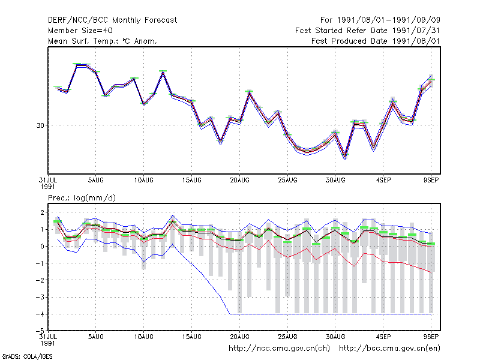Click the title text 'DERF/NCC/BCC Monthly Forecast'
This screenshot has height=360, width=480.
(112, 20)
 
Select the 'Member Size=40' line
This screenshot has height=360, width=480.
(80, 31)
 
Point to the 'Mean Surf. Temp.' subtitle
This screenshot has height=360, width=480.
(102, 41)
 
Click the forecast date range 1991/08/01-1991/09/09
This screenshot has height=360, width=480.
(380, 20)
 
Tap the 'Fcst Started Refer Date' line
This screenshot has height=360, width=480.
(367, 31)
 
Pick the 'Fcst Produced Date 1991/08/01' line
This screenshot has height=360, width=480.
(376, 41)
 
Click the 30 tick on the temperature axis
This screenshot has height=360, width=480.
(40, 125)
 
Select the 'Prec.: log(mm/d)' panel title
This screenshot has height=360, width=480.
(82, 198)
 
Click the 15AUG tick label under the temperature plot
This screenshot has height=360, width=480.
(191, 181)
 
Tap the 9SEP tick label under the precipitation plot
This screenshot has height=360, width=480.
(431, 337)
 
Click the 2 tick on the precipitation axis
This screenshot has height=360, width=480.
(42, 212)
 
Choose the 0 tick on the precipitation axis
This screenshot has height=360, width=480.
(42, 246)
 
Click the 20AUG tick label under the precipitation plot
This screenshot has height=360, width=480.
(239, 337)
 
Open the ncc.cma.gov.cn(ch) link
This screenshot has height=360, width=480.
(279, 349)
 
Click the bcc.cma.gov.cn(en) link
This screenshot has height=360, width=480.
(389, 349)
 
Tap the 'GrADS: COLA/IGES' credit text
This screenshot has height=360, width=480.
(27, 356)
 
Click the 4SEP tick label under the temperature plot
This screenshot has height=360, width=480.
(383, 181)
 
